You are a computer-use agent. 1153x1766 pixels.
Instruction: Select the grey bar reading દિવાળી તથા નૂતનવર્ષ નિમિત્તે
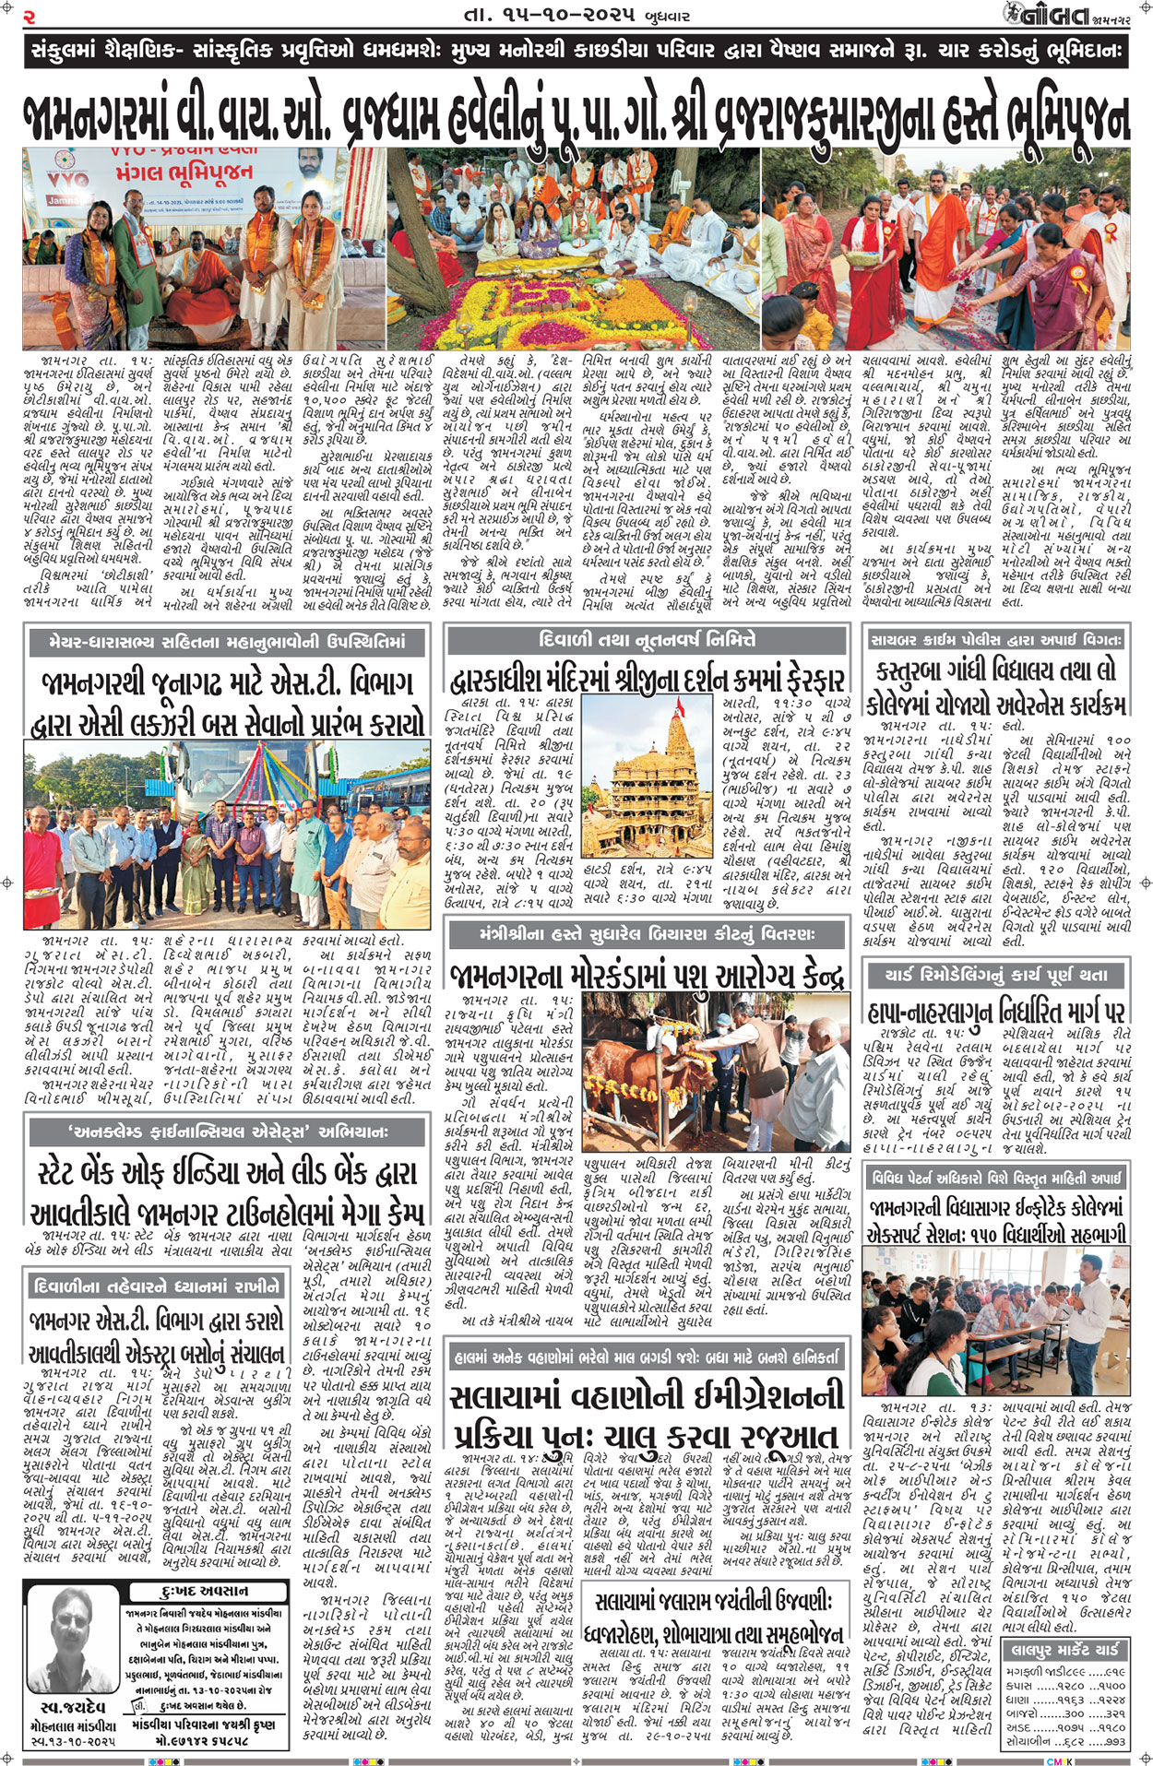[x=646, y=638]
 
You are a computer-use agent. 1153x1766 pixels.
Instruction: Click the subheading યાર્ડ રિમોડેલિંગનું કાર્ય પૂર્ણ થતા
[x=997, y=975]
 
